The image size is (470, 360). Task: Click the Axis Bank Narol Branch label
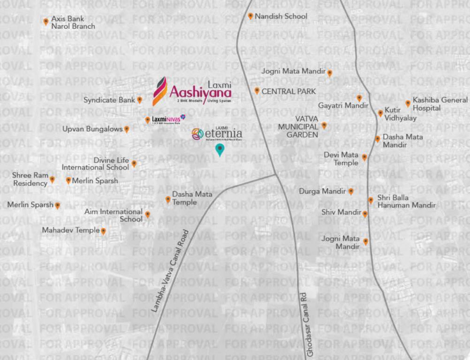[x=73, y=22]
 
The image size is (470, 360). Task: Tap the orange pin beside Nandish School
[x=250, y=16]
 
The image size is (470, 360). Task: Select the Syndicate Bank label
[x=109, y=100]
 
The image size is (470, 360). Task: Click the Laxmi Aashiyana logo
[x=192, y=90]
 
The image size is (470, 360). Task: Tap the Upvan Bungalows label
[x=92, y=129]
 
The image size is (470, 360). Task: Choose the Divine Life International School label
[x=95, y=164]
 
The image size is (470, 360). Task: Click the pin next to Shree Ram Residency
[x=53, y=180]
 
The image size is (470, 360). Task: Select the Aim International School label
[x=114, y=215]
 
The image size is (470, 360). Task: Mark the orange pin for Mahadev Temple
[x=103, y=231]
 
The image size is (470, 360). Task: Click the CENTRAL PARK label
[x=288, y=91]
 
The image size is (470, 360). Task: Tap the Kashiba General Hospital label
[x=440, y=104]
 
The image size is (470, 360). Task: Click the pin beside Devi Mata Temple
[x=364, y=157]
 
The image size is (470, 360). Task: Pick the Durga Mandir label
[x=323, y=191]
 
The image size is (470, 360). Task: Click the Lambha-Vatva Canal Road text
[x=169, y=270]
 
